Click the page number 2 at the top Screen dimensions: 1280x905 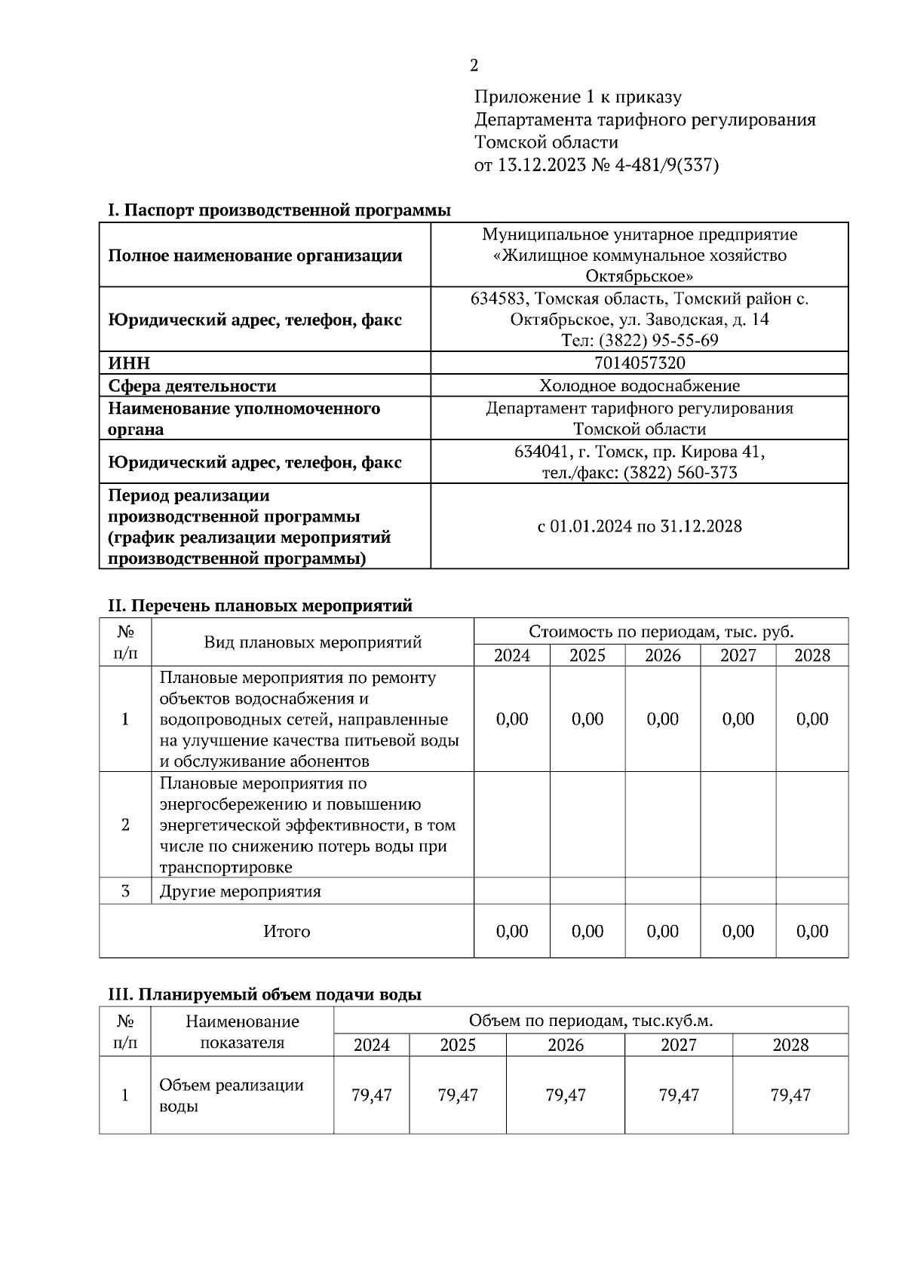click(474, 66)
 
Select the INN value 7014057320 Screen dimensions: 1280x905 click(640, 363)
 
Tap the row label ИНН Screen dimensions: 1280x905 click(129, 363)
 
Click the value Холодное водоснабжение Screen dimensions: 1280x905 click(640, 386)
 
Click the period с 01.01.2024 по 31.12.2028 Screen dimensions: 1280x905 click(640, 526)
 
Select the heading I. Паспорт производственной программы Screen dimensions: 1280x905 click(279, 210)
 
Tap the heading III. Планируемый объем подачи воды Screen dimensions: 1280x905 click(265, 995)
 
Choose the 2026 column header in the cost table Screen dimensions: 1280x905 click(663, 655)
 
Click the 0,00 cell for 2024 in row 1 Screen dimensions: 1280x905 click(512, 719)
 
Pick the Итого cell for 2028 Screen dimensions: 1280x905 click(812, 932)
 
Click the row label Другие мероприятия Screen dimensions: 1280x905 click(240, 892)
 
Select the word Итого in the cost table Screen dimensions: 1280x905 click(287, 932)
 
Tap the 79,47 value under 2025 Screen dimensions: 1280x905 click(458, 1095)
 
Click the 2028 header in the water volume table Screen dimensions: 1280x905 click(790, 1045)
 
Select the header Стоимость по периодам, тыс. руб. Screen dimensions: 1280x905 click(661, 632)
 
